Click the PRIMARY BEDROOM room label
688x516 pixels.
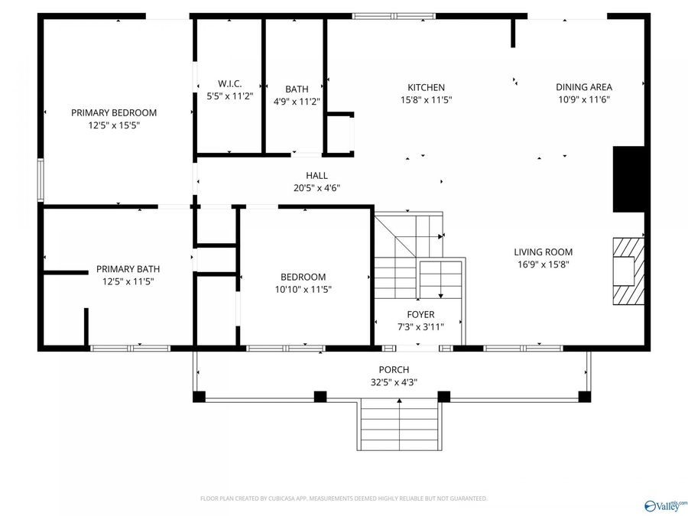pyautogui.click(x=114, y=113)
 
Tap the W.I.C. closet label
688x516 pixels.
pyautogui.click(x=230, y=83)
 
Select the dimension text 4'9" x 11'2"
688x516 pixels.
pyautogui.click(x=297, y=102)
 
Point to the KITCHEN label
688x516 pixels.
pyautogui.click(x=426, y=87)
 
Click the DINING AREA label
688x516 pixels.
pyautogui.click(x=584, y=87)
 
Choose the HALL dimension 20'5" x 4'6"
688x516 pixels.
pyautogui.click(x=316, y=188)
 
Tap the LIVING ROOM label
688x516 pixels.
pyautogui.click(x=544, y=252)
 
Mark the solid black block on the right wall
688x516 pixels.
pyautogui.click(x=628, y=180)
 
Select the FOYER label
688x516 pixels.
pyautogui.click(x=420, y=315)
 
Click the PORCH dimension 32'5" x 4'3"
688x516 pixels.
pyautogui.click(x=394, y=382)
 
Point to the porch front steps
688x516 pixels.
pyautogui.click(x=399, y=424)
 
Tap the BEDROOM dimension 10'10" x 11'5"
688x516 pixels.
pyautogui.click(x=303, y=290)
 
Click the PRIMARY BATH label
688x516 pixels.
pyautogui.click(x=128, y=269)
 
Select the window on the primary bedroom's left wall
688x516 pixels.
pyautogui.click(x=41, y=180)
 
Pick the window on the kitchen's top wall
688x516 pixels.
pyautogui.click(x=394, y=16)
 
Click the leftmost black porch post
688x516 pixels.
pyautogui.click(x=200, y=397)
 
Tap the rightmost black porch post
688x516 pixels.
pyautogui.click(x=585, y=397)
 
